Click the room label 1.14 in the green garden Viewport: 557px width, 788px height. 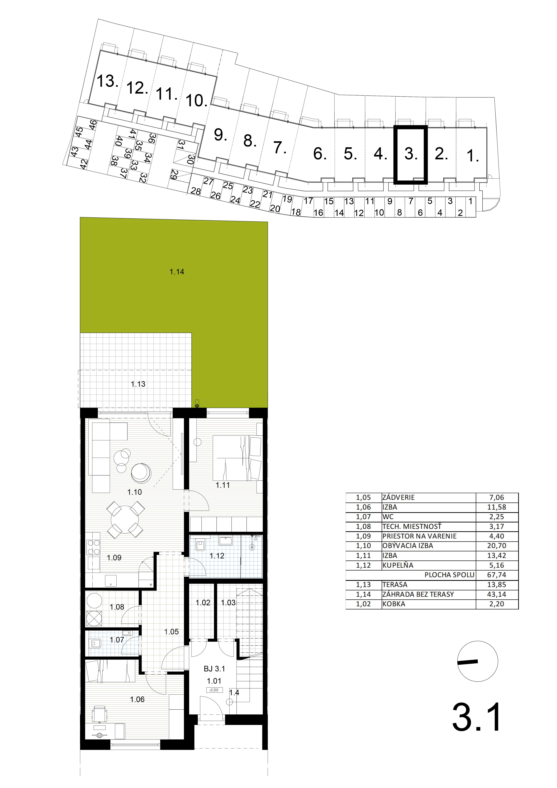[177, 272]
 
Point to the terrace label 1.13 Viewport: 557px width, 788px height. [138, 384]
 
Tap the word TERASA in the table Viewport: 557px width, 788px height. [395, 584]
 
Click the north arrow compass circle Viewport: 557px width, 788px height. [478, 661]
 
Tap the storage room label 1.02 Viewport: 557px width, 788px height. [203, 603]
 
